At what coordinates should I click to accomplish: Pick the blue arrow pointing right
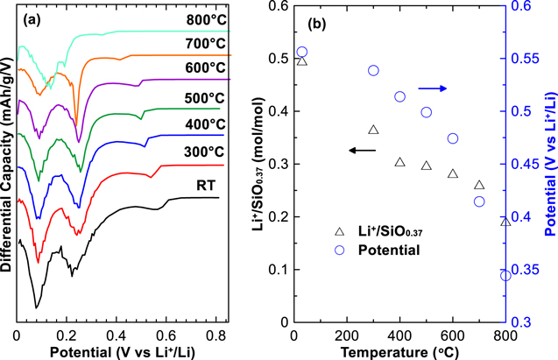point(432,88)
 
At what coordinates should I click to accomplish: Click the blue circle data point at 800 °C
point(505,275)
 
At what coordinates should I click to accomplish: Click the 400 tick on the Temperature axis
point(399,335)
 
